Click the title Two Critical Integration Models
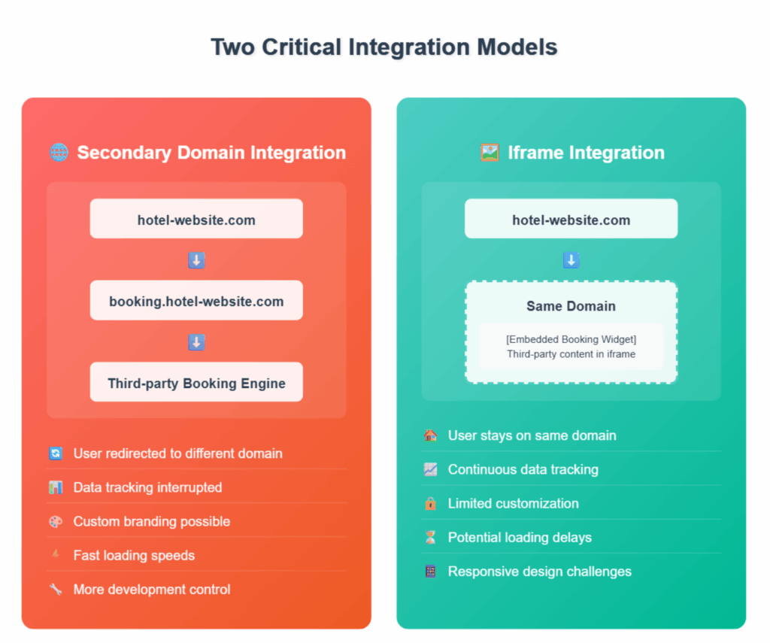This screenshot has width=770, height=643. click(x=384, y=47)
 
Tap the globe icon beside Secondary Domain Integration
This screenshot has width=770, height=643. click(x=59, y=152)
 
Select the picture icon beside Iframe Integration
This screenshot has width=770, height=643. click(x=490, y=152)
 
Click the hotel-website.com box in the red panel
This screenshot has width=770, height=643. click(x=196, y=219)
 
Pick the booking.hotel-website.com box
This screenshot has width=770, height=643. click(x=196, y=300)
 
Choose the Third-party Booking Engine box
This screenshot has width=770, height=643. click(x=196, y=382)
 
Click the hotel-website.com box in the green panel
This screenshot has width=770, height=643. click(x=571, y=219)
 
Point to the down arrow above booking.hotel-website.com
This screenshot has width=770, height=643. click(x=196, y=260)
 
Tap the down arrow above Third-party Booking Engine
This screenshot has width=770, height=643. click(x=196, y=342)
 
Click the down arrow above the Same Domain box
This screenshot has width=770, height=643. click(x=571, y=260)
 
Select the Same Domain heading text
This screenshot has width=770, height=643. click(x=571, y=306)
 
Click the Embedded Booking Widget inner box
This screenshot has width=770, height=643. click(x=571, y=346)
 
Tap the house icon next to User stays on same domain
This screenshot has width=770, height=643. click(x=431, y=435)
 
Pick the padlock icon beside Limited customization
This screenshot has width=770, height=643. click(x=431, y=503)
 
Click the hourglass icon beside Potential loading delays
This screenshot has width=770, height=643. click(x=431, y=538)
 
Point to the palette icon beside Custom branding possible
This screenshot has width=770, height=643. click(x=56, y=521)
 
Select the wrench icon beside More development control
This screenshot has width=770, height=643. click(x=56, y=589)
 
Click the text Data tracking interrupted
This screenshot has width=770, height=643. click(x=148, y=487)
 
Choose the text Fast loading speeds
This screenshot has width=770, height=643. click(x=134, y=556)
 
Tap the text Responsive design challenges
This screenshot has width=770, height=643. click(x=540, y=572)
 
